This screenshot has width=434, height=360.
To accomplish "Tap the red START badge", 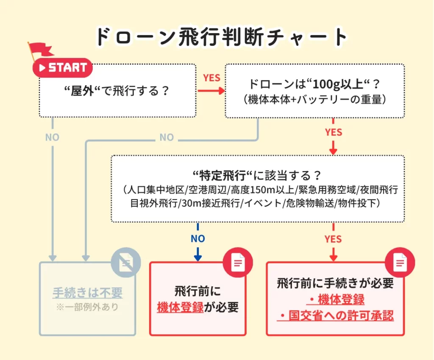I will (63, 68).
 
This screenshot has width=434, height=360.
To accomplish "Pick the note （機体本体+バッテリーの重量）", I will (314, 100).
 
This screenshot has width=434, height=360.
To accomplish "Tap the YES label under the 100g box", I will (333, 133).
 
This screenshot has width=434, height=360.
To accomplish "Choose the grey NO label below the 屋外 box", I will (52, 138).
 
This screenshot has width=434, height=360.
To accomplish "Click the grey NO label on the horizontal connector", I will (167, 138).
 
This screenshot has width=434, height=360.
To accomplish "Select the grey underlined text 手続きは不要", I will (87, 293).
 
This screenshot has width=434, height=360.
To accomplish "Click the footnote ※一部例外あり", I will (87, 307).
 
